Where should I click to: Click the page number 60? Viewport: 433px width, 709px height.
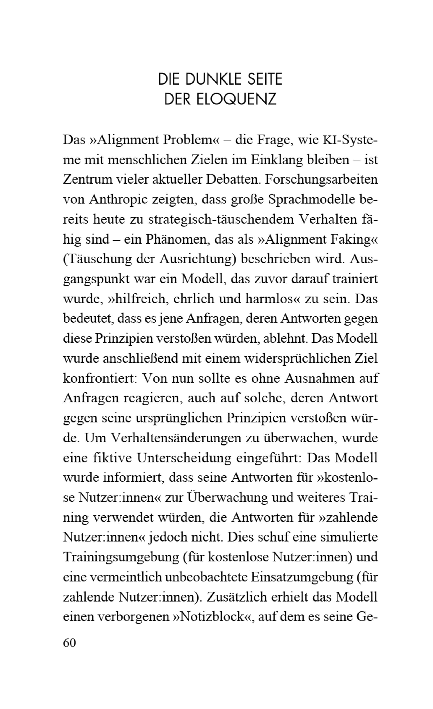(x=69, y=642)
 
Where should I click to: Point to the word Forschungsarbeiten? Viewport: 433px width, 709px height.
(x=321, y=179)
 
